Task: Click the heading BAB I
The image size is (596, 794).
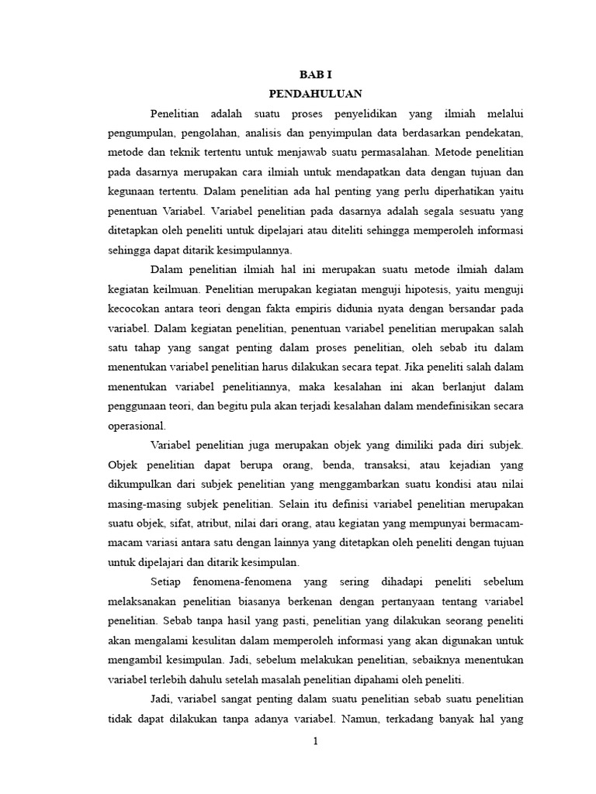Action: (315, 75)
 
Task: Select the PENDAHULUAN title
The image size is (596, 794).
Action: (315, 94)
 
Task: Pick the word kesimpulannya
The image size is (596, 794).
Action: (248, 250)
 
